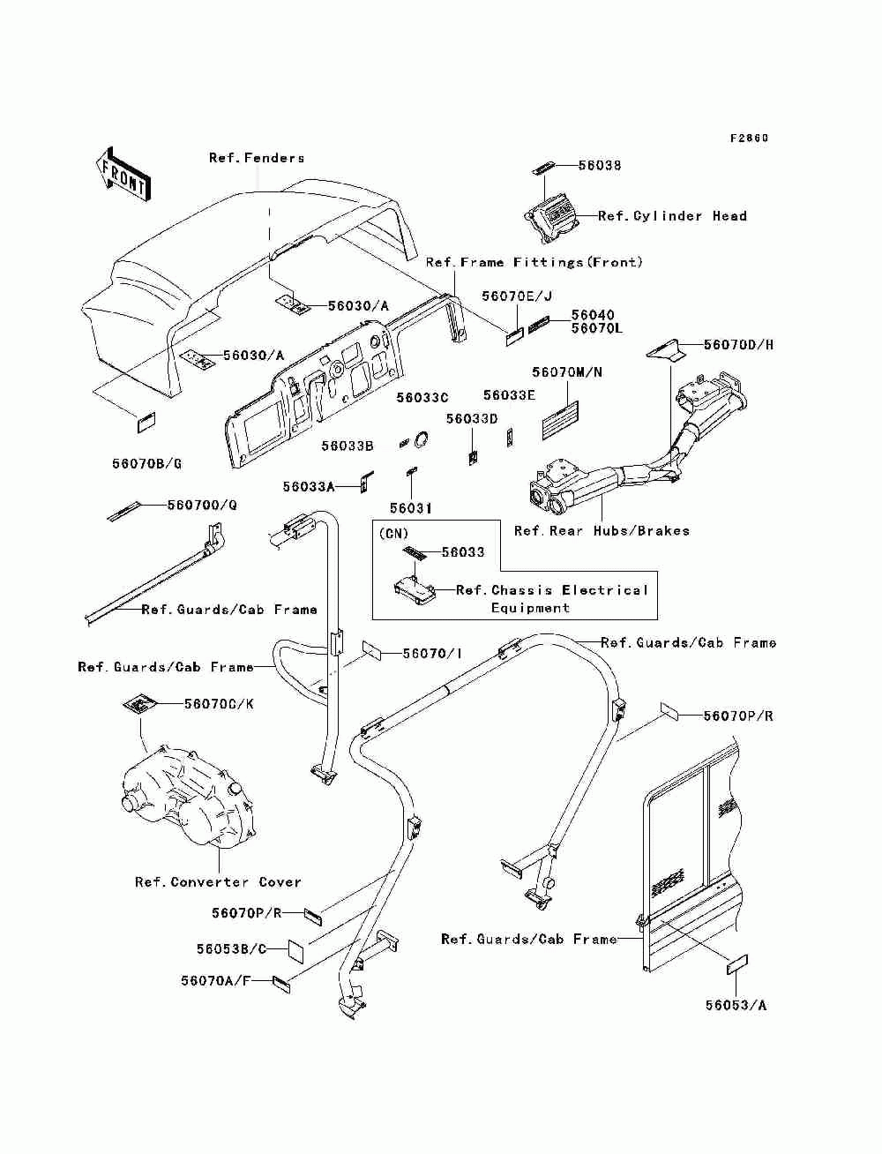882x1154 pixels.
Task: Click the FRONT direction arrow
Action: pyautogui.click(x=123, y=174)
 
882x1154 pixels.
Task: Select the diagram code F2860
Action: pyautogui.click(x=749, y=139)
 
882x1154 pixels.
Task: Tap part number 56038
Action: pyautogui.click(x=600, y=166)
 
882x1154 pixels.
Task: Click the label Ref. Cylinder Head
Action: pyautogui.click(x=672, y=215)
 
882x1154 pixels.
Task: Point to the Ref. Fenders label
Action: pyautogui.click(x=257, y=158)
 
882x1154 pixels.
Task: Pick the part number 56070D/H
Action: pyautogui.click(x=738, y=345)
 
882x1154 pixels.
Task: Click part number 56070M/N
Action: pyautogui.click(x=566, y=372)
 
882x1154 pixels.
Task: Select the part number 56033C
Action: pyautogui.click(x=422, y=398)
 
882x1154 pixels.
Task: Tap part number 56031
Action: pyautogui.click(x=410, y=508)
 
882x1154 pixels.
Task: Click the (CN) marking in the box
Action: pyautogui.click(x=393, y=534)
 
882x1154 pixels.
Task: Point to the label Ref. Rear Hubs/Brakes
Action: pyautogui.click(x=602, y=531)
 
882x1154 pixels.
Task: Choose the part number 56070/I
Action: pyautogui.click(x=432, y=654)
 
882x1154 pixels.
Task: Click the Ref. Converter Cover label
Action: pyautogui.click(x=218, y=882)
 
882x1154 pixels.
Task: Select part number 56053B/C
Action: pyautogui.click(x=231, y=949)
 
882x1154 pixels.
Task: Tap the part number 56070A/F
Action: pyautogui.click(x=215, y=981)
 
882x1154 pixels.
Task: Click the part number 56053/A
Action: pyautogui.click(x=736, y=1005)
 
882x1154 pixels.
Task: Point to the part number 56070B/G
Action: pyautogui.click(x=146, y=464)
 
